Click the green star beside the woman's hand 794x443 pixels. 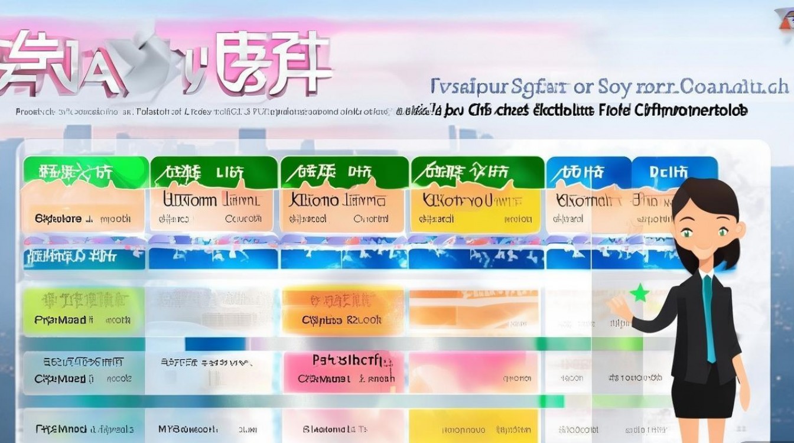point(639,292)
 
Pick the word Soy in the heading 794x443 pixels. point(614,87)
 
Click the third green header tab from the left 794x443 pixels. point(344,171)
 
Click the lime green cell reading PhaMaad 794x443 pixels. point(83,310)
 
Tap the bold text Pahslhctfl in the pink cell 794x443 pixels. point(346,360)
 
